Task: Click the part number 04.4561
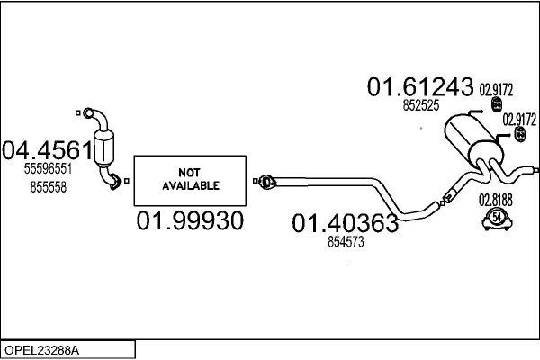coord(48,150)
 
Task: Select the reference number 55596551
coord(48,169)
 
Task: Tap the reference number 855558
coord(49,187)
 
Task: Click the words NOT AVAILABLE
coord(191,179)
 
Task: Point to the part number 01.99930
coord(190,220)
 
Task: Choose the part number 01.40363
coord(345,223)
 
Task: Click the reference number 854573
coord(346,242)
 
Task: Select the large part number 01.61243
coord(420,86)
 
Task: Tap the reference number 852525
coord(421,105)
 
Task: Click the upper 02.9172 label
coord(496,90)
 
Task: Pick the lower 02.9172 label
coord(519,120)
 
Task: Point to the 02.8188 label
coord(496,200)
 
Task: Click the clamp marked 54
coord(497,220)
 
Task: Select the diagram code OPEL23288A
coord(41,350)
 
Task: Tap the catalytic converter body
coord(103,148)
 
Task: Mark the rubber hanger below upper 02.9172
coord(496,104)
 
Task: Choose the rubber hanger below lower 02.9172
coord(519,134)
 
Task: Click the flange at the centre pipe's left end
coord(267,182)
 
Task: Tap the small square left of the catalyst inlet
coord(78,112)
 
